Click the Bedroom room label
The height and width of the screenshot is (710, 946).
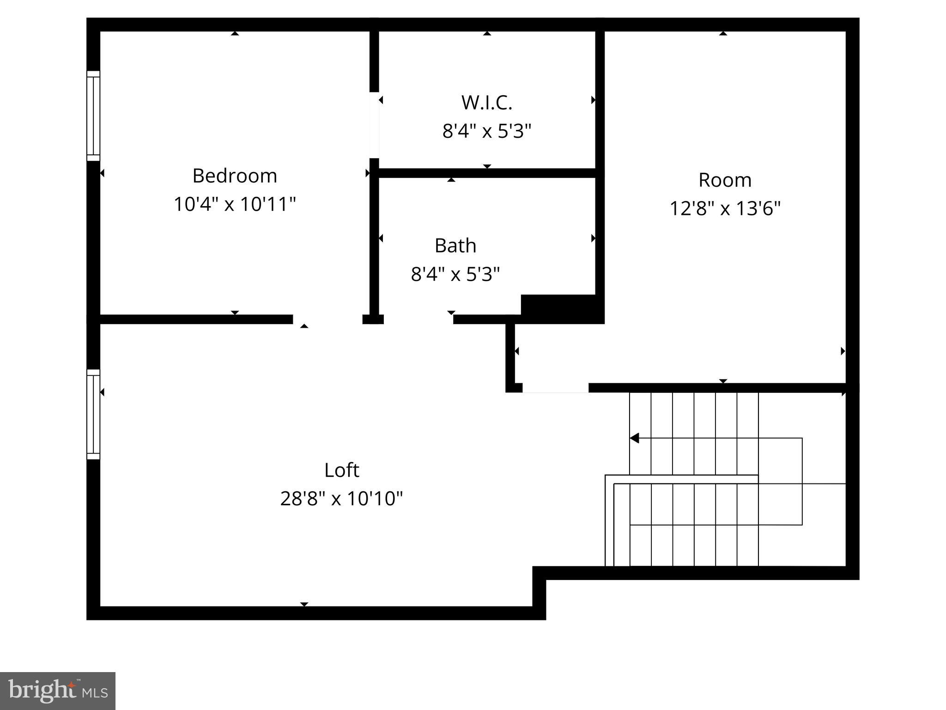coord(235,176)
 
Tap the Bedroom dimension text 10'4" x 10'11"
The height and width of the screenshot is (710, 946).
coord(235,204)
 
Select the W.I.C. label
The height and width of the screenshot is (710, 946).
coord(487,103)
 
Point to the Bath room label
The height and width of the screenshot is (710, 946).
coord(455,245)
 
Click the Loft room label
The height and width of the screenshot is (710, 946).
coord(341,470)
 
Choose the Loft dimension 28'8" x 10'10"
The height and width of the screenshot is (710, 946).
coord(341,498)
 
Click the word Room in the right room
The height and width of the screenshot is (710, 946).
coord(725,180)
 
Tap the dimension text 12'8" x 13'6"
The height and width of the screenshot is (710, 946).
coord(725,208)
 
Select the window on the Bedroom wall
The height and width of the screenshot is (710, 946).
coord(93,116)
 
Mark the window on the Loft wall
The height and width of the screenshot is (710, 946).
coord(93,414)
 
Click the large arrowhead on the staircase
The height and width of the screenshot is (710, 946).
coord(635,438)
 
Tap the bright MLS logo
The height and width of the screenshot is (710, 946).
coord(58,691)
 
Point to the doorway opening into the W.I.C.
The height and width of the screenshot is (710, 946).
coord(374,125)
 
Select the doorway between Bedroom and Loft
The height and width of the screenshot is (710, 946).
coord(327,319)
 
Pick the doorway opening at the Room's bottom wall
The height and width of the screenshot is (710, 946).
coord(555,388)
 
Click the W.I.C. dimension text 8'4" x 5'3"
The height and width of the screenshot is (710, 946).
coord(487,131)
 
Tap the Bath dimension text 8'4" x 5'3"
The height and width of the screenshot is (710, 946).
coord(455,274)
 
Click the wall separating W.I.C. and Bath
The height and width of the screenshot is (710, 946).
coord(487,173)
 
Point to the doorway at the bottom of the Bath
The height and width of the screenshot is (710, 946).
coord(418,319)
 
